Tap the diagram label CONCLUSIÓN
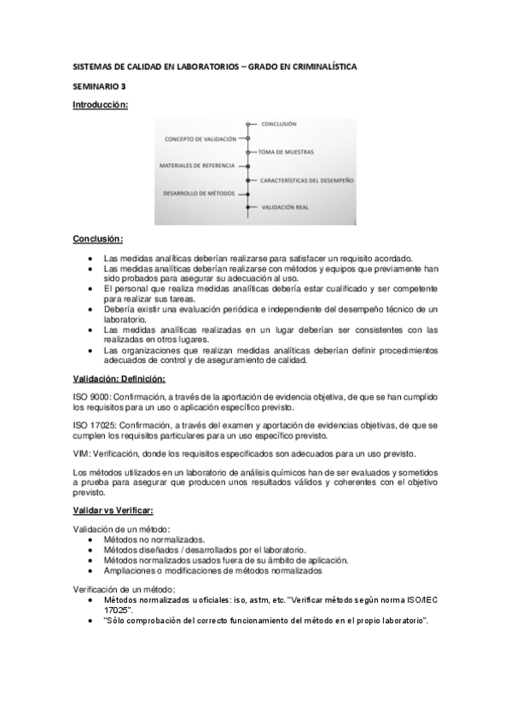click(279, 124)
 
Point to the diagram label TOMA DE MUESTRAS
click(286, 151)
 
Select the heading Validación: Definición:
click(119, 378)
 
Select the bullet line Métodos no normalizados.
click(154, 540)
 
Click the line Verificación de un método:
click(124, 590)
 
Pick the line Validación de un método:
click(121, 530)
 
